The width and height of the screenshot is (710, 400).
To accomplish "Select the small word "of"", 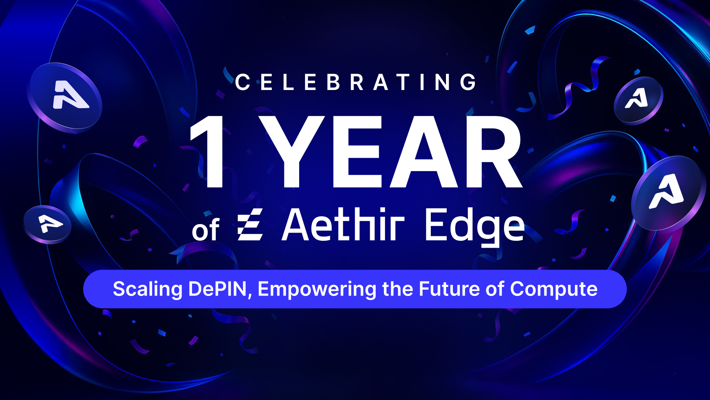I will pos(206,230).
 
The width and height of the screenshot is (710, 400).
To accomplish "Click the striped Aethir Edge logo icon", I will pos(250,224).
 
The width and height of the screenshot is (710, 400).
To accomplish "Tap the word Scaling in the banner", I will pos(148,289).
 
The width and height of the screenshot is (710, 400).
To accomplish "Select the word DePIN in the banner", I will pos(217,289).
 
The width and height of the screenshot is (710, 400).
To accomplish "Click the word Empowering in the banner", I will pos(317,289).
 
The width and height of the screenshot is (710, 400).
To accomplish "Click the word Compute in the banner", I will pos(554,289).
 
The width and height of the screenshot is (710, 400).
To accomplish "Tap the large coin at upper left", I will pos(64,97).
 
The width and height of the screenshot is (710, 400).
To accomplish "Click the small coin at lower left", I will pos(47,224).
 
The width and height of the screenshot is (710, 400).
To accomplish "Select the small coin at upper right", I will pos(638,100).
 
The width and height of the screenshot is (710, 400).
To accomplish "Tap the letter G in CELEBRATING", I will pos(469,82).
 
